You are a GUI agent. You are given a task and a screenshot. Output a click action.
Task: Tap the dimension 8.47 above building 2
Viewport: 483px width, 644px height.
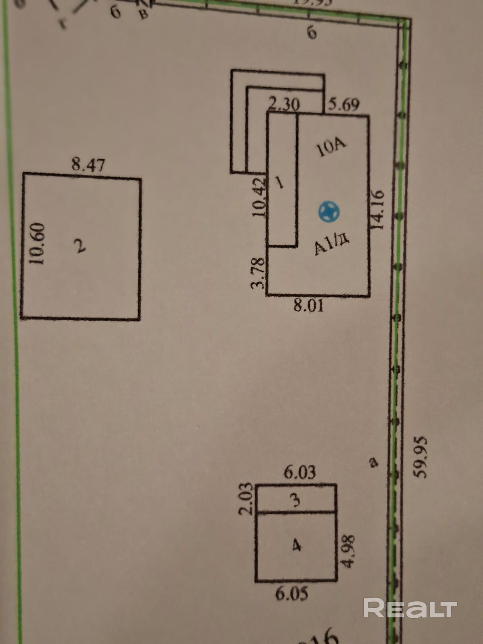tap(88, 165)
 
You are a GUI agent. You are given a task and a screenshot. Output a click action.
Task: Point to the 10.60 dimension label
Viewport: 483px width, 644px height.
tap(37, 243)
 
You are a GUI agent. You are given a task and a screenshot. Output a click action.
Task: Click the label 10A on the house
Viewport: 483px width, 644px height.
tap(332, 148)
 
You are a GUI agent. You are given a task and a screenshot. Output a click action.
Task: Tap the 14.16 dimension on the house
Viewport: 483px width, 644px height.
tap(378, 209)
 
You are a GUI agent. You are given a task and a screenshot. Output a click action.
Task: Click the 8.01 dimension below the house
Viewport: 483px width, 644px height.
tap(308, 306)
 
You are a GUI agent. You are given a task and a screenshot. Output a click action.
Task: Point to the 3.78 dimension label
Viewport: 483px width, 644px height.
tap(258, 273)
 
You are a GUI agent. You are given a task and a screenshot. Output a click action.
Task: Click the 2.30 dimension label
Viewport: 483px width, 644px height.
tap(284, 105)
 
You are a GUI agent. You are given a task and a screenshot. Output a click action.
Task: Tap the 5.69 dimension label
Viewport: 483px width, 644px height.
tap(344, 105)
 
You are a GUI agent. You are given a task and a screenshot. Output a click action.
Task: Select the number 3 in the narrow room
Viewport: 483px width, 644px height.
tap(296, 500)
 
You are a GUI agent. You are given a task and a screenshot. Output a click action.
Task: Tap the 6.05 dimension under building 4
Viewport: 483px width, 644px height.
tap(292, 594)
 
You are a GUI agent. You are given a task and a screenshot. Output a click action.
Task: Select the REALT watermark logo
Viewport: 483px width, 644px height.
tap(410, 608)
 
